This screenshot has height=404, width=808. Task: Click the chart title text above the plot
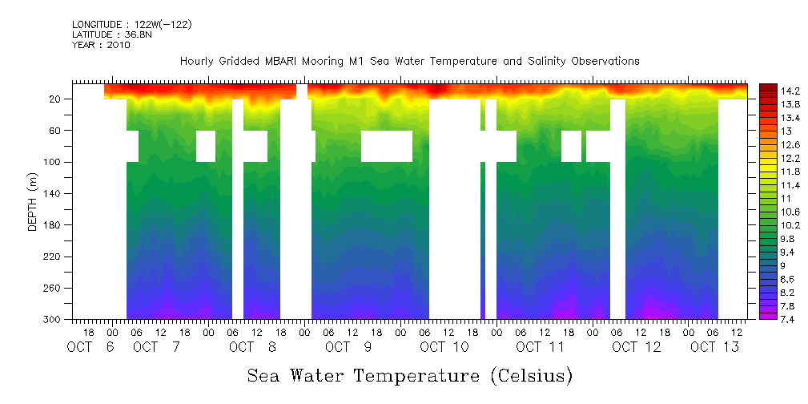[x=409, y=62]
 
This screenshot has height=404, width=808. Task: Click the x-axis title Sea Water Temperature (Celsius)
[x=409, y=375]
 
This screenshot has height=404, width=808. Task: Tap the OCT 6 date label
[x=90, y=347]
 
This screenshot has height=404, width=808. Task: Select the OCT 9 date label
[x=348, y=347]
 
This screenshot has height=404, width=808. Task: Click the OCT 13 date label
[x=714, y=347]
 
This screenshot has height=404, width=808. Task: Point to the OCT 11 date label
[x=540, y=347]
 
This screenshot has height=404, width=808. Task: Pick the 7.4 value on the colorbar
[x=790, y=319]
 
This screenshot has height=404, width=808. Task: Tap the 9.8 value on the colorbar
[x=790, y=239]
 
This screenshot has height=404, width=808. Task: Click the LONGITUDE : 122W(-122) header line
[x=131, y=25]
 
